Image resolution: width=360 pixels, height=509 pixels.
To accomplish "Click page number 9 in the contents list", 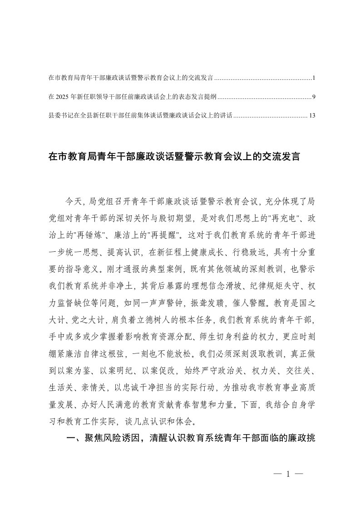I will coord(314,97).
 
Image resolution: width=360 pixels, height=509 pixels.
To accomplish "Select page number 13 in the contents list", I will coord(312,116).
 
